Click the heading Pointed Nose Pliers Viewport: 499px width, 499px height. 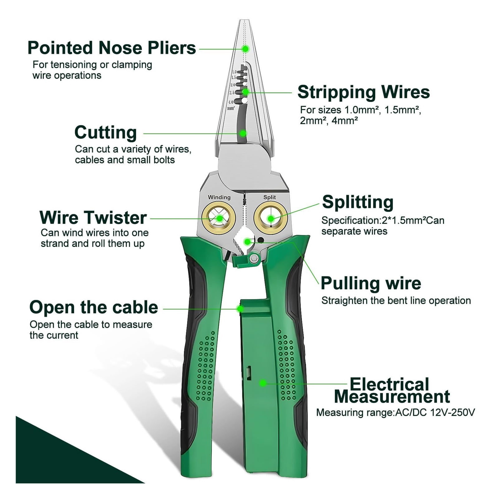coord(112,48)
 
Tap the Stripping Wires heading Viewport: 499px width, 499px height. coord(364,93)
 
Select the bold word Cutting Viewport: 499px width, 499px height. coord(106,133)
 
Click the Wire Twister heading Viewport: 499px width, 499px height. coord(93,218)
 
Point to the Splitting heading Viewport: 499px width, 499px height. coord(358,202)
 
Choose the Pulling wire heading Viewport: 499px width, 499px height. coord(371,283)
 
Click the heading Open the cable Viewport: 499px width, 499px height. coord(94,307)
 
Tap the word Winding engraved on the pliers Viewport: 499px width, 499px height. coord(219,197)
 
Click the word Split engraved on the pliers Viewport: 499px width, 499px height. coord(269,197)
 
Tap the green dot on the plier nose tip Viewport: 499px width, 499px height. coord(246,49)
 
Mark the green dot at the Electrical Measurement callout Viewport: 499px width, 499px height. coord(263,383)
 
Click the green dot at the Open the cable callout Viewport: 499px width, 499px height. coord(240,309)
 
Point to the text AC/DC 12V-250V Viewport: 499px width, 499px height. coord(435,413)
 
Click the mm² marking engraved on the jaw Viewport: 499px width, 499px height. coord(231,108)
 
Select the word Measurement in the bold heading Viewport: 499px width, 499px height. coord(392,397)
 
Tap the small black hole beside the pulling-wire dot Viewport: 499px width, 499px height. coord(261,240)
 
